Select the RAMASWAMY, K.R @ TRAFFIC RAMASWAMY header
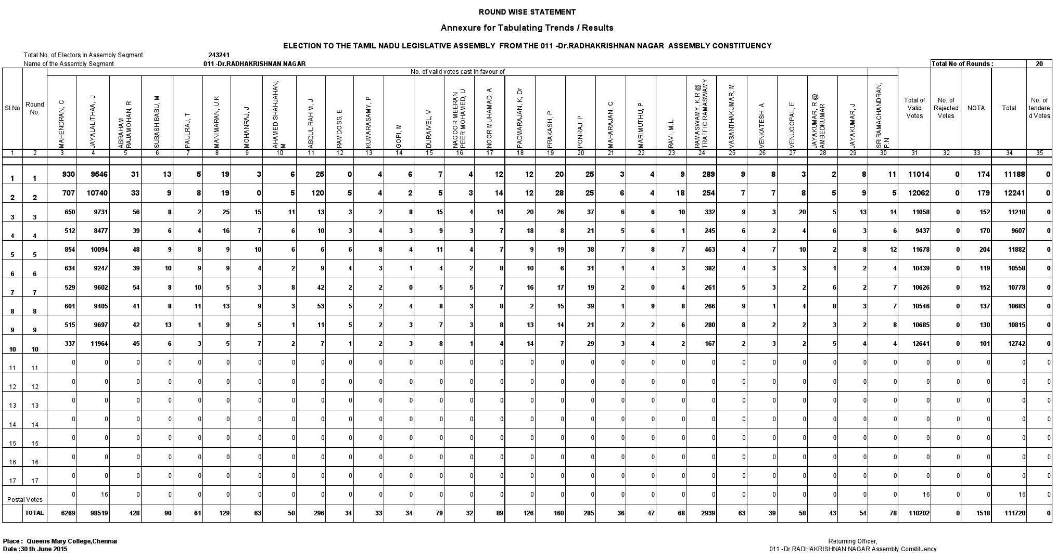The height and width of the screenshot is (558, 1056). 702,113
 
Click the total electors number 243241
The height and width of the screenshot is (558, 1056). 219,55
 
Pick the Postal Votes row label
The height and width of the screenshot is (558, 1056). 25,499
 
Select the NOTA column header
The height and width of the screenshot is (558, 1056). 976,108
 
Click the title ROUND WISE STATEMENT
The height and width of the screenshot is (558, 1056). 527,12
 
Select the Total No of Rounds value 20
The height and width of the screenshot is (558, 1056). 1039,64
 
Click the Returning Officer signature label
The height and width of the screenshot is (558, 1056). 853,541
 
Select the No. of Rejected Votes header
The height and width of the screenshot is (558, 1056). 946,108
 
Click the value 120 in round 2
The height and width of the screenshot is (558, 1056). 317,193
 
